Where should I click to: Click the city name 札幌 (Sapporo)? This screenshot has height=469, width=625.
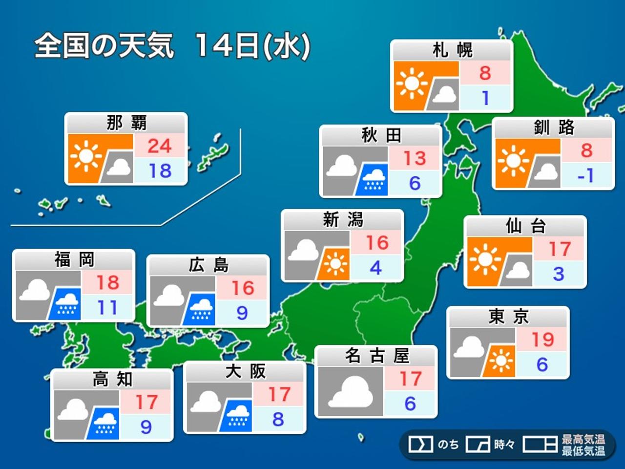[452, 50]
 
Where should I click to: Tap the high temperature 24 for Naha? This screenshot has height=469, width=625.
[160, 146]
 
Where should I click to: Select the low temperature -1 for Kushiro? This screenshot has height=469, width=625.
[585, 175]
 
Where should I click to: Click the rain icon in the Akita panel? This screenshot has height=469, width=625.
[374, 179]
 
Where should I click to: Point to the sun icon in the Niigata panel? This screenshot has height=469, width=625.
[335, 264]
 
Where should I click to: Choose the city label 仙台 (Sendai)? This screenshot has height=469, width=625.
[525, 226]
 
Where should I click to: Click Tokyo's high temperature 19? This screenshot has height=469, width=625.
[542, 339]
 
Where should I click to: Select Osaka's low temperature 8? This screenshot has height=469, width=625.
[278, 419]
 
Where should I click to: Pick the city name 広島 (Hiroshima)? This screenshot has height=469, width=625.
[208, 265]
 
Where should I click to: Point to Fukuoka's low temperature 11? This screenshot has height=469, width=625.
[107, 308]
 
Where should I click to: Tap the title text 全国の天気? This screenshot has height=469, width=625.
[104, 46]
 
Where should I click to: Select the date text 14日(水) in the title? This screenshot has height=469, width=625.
[252, 46]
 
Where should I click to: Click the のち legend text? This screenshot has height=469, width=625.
[448, 445]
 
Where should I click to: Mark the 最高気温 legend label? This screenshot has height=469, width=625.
[583, 439]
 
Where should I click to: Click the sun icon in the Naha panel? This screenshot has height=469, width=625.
[86, 156]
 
